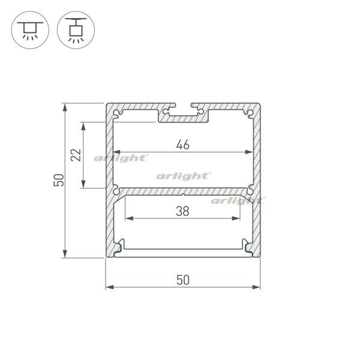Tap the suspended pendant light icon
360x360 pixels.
pyautogui.click(x=76, y=28)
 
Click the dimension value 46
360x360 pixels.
pyautogui.click(x=183, y=144)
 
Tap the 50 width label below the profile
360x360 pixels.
pyautogui.click(x=184, y=279)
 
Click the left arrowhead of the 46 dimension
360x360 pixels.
pyautogui.click(x=118, y=152)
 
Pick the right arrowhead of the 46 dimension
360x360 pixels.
pyautogui.click(x=249, y=152)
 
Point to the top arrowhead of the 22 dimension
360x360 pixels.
pyautogui.click(x=83, y=127)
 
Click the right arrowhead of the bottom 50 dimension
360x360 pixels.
pyautogui.click(x=259, y=287)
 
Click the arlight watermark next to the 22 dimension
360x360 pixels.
pyautogui.click(x=120, y=158)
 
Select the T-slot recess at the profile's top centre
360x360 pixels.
pyautogui.click(x=183, y=113)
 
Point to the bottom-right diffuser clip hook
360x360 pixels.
pyautogui.click(x=248, y=245)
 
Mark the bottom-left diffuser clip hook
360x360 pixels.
pyautogui.click(x=119, y=245)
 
